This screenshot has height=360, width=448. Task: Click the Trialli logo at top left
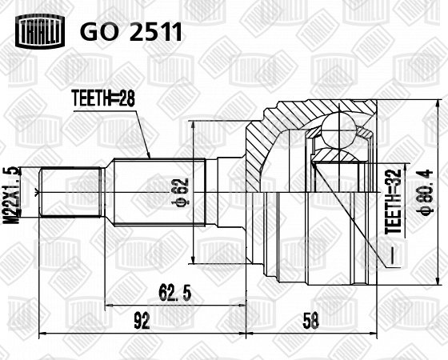click(x=40, y=32)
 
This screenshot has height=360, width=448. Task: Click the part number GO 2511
click(x=131, y=32)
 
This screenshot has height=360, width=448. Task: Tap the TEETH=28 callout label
click(x=103, y=98)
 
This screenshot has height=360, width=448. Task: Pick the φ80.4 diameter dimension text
click(x=426, y=191)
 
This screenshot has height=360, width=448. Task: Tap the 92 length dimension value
click(x=142, y=321)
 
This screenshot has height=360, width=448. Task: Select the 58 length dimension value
click(x=311, y=321)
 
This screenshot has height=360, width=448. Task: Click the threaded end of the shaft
click(x=72, y=192)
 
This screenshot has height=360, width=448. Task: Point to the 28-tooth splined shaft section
click(x=160, y=192)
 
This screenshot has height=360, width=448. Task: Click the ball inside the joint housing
click(x=338, y=129)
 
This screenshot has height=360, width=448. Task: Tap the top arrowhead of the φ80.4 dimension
click(x=438, y=104)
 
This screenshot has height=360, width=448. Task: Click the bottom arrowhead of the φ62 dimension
click(x=194, y=259)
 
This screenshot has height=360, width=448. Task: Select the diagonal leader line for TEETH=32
click(x=350, y=214)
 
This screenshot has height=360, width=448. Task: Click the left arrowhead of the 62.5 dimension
click(x=110, y=306)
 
